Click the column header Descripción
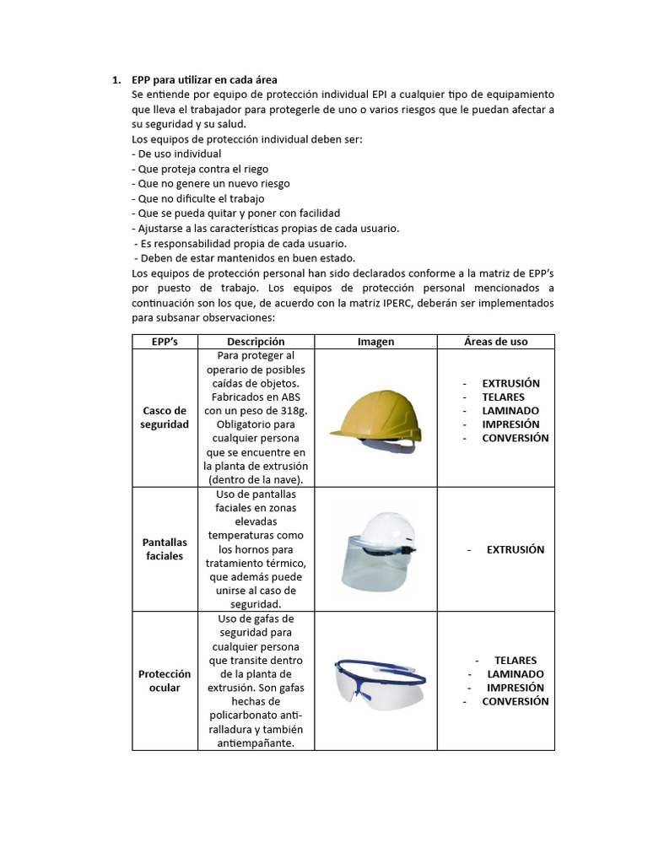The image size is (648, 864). click(256, 342)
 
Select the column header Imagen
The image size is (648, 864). click(375, 342)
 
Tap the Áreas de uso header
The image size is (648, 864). click(495, 342)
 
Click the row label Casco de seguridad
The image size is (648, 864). click(165, 418)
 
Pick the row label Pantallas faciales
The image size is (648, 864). click(165, 549)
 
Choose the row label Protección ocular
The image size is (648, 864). click(165, 681)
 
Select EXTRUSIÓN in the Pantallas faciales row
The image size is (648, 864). click(515, 549)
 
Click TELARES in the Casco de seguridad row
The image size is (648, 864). click(503, 397)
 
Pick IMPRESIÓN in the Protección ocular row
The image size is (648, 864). click(515, 688)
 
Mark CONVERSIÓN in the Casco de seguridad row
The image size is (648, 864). click(515, 438)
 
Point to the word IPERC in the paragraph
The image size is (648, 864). click(381, 302)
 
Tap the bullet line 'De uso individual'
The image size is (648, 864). click(177, 154)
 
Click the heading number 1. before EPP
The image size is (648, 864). click(117, 80)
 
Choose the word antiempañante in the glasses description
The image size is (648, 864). click(256, 742)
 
